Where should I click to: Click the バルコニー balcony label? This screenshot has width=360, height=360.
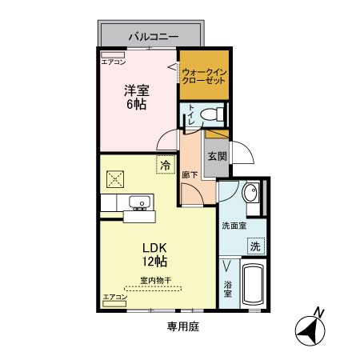(x=154, y=36)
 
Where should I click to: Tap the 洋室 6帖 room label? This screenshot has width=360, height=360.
(x=137, y=98)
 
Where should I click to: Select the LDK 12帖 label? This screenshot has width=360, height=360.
(x=154, y=254)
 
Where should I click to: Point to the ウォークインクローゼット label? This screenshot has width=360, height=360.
(x=204, y=76)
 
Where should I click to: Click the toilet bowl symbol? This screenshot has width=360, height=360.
(x=212, y=114)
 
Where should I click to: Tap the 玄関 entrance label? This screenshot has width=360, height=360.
(x=218, y=156)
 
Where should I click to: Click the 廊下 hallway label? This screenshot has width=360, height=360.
(x=190, y=175)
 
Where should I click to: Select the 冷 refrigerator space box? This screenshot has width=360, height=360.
(x=166, y=165)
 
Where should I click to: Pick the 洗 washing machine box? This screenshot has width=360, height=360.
(x=256, y=246)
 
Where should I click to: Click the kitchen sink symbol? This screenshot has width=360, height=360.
(x=140, y=202)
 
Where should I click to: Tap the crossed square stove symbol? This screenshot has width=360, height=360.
(x=115, y=179)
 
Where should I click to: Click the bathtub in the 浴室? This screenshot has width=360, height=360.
(x=254, y=284)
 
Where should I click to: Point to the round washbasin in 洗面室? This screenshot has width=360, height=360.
(x=250, y=192)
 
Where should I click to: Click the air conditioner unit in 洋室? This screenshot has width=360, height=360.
(x=113, y=55)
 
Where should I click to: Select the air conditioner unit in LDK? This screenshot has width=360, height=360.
(x=114, y=304)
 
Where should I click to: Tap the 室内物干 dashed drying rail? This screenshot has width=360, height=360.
(x=153, y=288)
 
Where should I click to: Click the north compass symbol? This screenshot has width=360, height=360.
(x=310, y=330)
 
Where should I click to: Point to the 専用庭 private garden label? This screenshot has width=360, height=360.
(x=183, y=326)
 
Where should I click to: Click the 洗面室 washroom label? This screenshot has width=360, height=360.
(x=234, y=226)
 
